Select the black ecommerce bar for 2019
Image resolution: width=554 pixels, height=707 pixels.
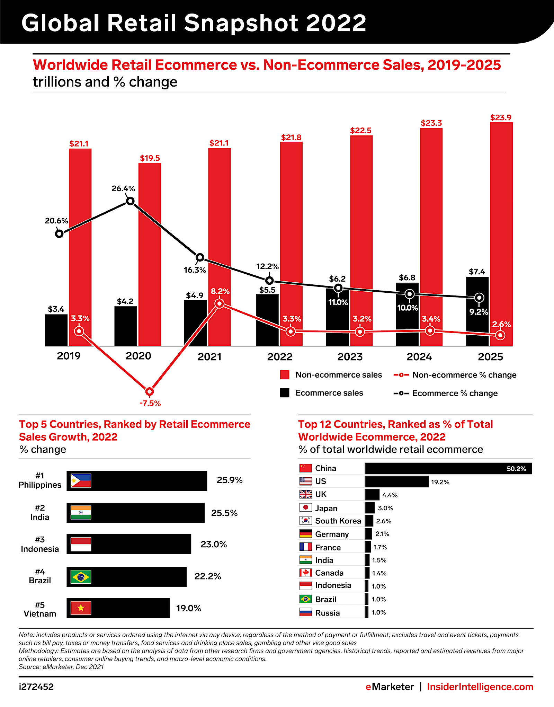point(56,330)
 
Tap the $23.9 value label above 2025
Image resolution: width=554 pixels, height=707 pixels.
point(501,118)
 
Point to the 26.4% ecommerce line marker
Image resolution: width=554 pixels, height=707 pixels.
point(130,201)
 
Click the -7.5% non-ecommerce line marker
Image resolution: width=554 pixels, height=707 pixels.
point(150,391)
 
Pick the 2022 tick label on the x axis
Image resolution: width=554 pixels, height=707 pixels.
point(280,356)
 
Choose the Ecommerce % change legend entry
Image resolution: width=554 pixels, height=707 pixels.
point(446,393)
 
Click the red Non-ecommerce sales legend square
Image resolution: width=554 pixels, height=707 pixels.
point(285,375)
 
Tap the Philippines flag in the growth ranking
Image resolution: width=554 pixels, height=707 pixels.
point(81,481)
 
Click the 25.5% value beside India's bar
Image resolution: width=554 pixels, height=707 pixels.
point(224,513)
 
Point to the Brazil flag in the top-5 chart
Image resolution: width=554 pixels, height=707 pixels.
point(81,577)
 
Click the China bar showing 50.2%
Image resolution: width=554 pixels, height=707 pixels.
point(448,469)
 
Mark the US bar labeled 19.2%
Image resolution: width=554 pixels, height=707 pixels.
point(396,481)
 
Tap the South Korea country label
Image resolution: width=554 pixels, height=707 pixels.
point(338,521)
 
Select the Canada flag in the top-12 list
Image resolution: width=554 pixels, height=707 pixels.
point(305,573)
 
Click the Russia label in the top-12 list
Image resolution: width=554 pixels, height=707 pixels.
point(327,613)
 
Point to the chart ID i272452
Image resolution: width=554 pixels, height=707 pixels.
point(36,687)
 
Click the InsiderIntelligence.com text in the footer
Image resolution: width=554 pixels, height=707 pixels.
point(480,687)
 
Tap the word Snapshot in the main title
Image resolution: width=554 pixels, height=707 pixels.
point(241,23)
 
